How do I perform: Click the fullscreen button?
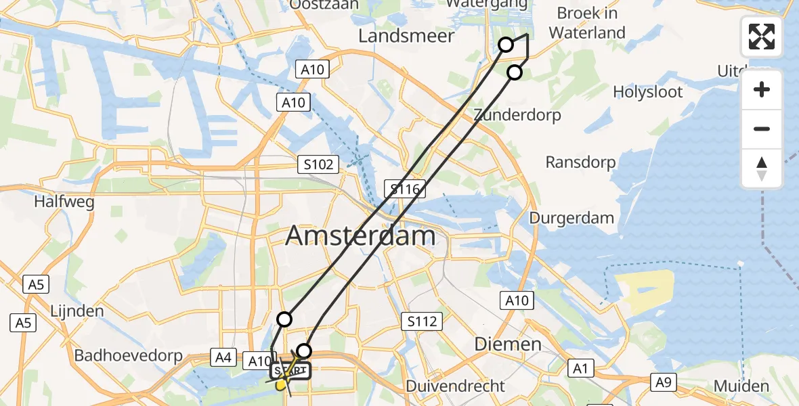(x=762, y=37)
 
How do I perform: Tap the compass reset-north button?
(x=762, y=168)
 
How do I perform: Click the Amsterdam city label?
(x=360, y=236)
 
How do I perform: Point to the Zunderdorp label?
(x=517, y=115)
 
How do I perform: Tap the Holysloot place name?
(x=648, y=92)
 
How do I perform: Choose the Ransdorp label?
(x=580, y=162)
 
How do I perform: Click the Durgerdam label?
(x=571, y=218)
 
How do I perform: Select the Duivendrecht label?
(x=455, y=386)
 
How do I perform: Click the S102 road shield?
(x=318, y=164)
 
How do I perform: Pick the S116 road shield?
(x=405, y=189)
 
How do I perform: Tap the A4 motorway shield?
(x=222, y=357)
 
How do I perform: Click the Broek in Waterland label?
(x=586, y=22)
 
